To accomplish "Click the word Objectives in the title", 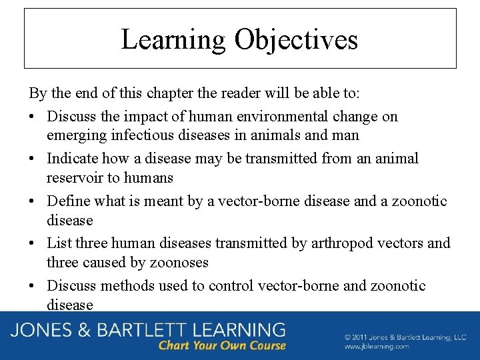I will [296, 39].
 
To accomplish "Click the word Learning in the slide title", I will [173, 39].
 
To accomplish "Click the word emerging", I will [73, 135].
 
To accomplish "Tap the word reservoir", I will [73, 178].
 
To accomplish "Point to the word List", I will [57, 243].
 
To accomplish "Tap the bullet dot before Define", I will [33, 201].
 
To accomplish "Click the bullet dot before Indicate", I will [33, 159].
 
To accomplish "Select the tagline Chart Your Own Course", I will [222, 345].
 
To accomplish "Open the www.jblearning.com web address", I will [377, 347].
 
